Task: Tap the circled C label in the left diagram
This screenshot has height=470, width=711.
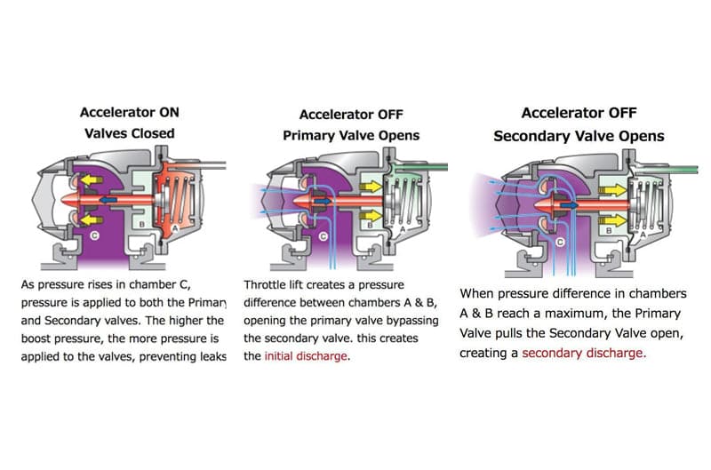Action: [94, 235]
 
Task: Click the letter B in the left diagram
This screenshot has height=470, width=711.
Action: [141, 224]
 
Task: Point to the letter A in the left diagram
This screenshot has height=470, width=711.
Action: [175, 228]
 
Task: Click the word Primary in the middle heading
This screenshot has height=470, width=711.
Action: [307, 136]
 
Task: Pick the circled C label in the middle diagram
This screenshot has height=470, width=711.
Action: [324, 236]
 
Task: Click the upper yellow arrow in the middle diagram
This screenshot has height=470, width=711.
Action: [371, 187]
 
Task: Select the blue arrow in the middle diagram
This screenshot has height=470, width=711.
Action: [323, 201]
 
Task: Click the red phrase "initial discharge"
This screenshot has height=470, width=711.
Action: [306, 355]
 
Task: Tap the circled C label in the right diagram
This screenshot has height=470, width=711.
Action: [560, 242]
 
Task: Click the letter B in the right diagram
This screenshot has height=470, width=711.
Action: [609, 231]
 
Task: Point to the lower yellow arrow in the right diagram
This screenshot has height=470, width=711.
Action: [613, 221]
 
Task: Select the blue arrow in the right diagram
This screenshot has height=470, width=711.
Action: [570, 205]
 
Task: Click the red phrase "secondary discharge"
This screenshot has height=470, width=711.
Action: [584, 353]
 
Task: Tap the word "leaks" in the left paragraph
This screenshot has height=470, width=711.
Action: [213, 356]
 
